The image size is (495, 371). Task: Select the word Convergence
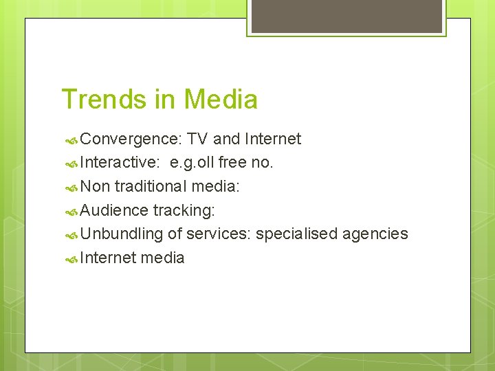click(x=131, y=139)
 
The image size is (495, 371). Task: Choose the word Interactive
click(x=120, y=163)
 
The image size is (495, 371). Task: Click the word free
click(x=233, y=163)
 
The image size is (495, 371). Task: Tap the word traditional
click(x=151, y=186)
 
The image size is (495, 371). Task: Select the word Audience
click(x=115, y=210)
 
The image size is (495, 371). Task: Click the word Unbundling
click(x=122, y=234)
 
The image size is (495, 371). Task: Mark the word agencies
click(x=374, y=234)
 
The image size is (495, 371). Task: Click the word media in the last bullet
click(x=162, y=258)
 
